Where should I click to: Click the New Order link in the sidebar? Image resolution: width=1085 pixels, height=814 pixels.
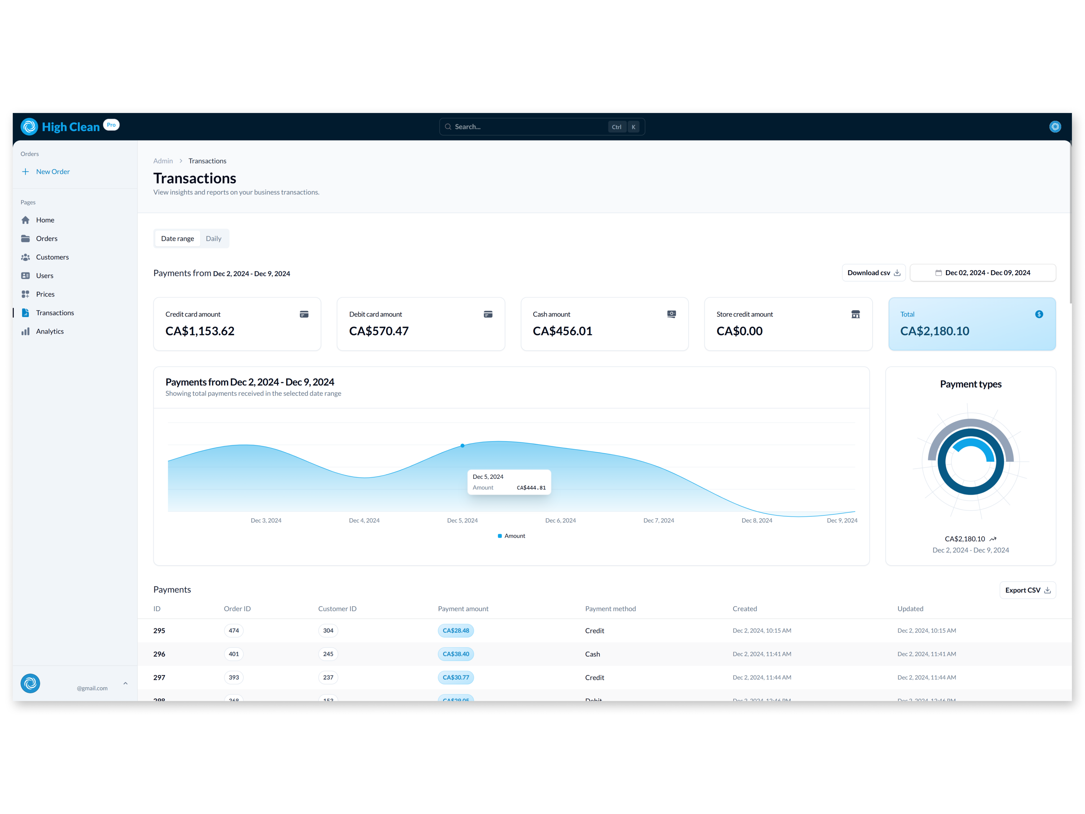pyautogui.click(x=52, y=172)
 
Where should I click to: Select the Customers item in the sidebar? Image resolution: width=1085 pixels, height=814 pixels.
pyautogui.click(x=52, y=257)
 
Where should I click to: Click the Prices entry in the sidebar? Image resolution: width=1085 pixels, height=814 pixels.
pyautogui.click(x=45, y=294)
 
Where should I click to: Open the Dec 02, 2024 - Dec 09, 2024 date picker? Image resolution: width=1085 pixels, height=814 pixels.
pyautogui.click(x=982, y=273)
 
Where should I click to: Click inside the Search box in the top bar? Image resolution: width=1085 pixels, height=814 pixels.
pyautogui.click(x=530, y=127)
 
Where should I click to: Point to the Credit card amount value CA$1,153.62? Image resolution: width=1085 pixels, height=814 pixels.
pyautogui.click(x=200, y=331)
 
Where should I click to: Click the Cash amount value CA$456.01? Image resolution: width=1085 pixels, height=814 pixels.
pyautogui.click(x=562, y=331)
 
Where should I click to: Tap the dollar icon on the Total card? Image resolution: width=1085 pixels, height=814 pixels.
pyautogui.click(x=1039, y=314)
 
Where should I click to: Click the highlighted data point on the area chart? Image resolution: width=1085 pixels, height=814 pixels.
pyautogui.click(x=463, y=446)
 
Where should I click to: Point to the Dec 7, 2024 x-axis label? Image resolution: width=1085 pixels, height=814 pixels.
pyautogui.click(x=658, y=521)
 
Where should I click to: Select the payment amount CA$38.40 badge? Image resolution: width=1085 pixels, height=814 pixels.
pyautogui.click(x=456, y=654)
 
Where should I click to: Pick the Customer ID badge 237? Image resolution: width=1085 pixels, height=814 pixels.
pyautogui.click(x=328, y=678)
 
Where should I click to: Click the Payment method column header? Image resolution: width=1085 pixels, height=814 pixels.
pyautogui.click(x=610, y=609)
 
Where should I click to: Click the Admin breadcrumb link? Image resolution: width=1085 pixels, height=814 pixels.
pyautogui.click(x=163, y=161)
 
